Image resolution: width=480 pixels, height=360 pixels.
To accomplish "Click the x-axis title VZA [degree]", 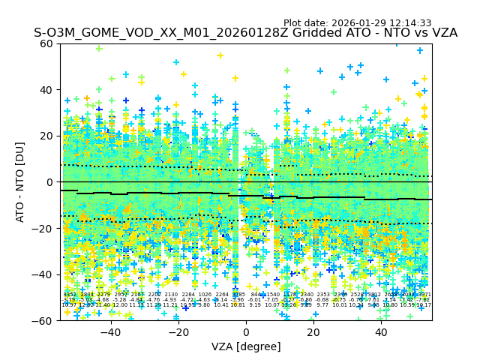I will [x=246, y=346].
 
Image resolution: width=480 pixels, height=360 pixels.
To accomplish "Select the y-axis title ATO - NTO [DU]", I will [x=20, y=182].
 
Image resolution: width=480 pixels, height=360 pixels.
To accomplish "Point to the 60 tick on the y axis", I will [x=47, y=43].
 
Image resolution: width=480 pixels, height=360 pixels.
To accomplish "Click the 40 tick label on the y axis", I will [x=47, y=90].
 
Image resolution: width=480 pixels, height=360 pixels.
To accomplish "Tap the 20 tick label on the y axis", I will [x=47, y=136].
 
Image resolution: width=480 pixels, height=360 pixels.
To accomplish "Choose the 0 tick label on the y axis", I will [x=50, y=182].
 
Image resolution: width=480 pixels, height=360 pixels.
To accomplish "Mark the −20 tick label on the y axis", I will [x=44, y=229].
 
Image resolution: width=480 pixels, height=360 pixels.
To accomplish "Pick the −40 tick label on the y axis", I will [x=44, y=274].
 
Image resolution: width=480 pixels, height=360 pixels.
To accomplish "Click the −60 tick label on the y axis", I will [x=44, y=321].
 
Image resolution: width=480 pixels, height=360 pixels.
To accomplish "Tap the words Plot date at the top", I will [x=306, y=23].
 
